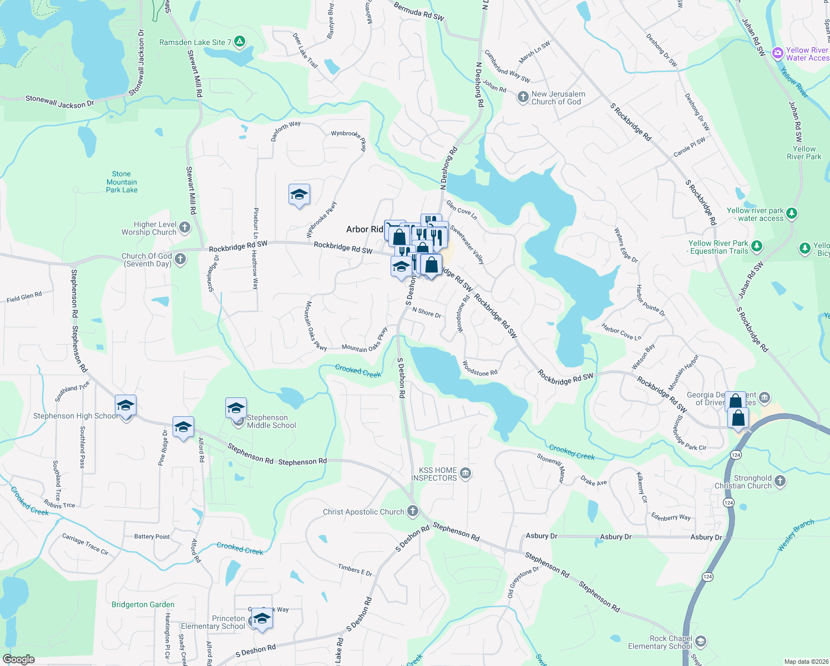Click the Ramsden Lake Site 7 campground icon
pos(240,42)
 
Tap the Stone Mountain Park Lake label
pos(122,182)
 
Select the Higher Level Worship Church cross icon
pos(185,227)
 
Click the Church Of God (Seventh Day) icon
pos(180,259)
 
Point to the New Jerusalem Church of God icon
pos(523,98)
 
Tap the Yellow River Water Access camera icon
pos(777,53)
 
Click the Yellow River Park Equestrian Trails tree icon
pos(757,246)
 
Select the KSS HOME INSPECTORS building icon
pos(465,473)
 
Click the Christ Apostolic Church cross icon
pos(412,511)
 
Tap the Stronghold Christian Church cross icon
pos(780,481)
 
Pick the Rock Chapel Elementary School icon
pos(700,642)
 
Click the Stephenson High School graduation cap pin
pos(126,406)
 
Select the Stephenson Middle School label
pos(271,421)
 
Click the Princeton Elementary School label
pos(213,622)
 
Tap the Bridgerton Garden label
pos(143,604)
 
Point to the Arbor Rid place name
pos(365,229)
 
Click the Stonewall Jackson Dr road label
pos(60,102)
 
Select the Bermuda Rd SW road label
pos(419,11)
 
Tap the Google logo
pos(18,659)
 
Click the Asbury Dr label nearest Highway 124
pos(706,537)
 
